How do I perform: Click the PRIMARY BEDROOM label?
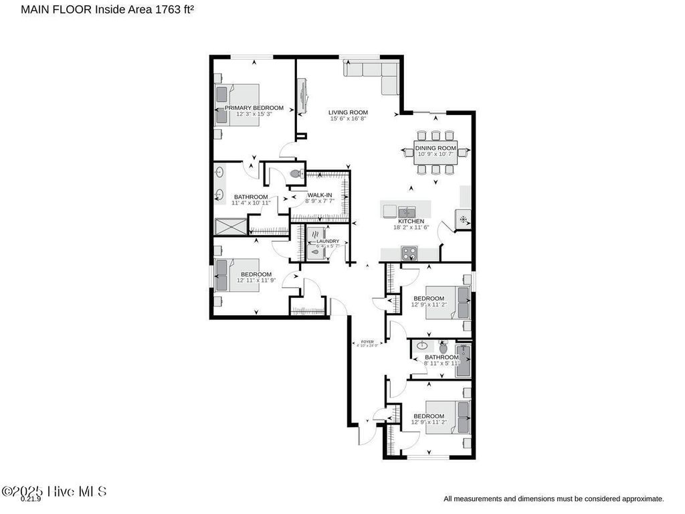click(x=254, y=108)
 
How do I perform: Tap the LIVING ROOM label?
click(x=348, y=112)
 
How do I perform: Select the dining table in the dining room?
click(x=435, y=152)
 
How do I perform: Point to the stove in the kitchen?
click(x=409, y=254)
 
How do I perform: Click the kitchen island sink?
click(x=407, y=211)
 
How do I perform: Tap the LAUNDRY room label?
click(x=327, y=241)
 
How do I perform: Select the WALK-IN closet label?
click(x=320, y=195)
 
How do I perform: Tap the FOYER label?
click(x=367, y=342)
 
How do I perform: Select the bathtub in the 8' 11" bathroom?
click(x=463, y=361)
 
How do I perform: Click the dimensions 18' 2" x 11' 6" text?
click(x=411, y=228)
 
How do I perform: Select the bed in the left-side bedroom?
click(x=227, y=275)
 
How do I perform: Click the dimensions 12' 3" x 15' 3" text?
click(x=254, y=114)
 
